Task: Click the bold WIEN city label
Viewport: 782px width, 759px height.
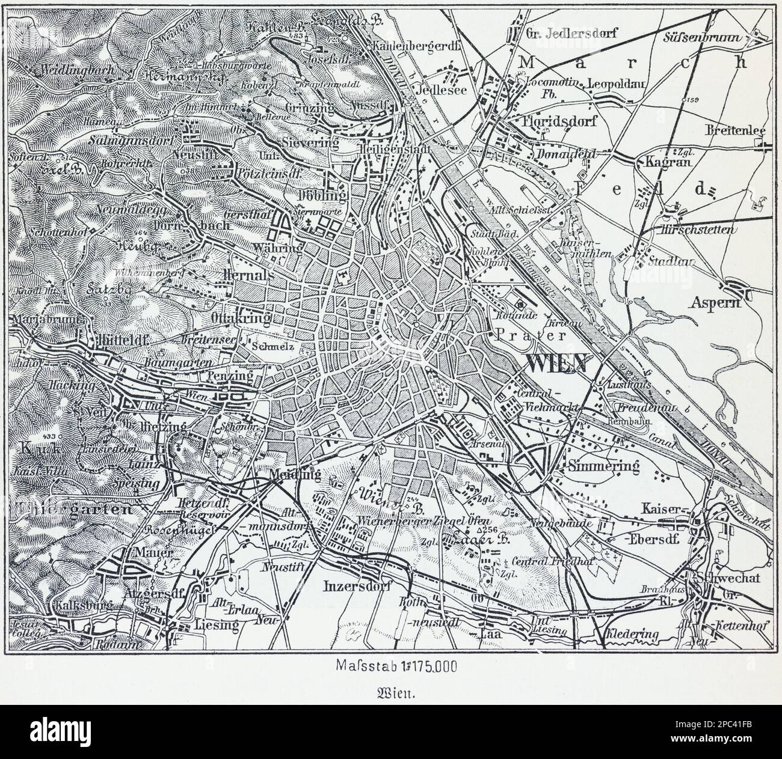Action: point(555,363)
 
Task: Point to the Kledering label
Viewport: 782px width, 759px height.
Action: point(633,634)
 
